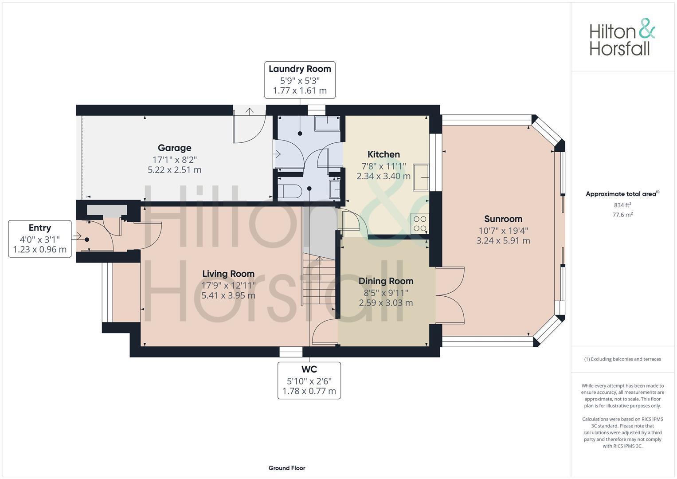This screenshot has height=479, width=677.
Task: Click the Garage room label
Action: (x=174, y=148)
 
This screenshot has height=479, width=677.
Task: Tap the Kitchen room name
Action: (x=384, y=154)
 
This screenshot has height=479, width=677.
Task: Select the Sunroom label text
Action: (x=503, y=219)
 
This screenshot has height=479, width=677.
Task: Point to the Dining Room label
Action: (x=386, y=281)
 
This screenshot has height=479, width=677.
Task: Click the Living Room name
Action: (x=228, y=274)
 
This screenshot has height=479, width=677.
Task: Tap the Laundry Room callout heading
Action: (x=300, y=69)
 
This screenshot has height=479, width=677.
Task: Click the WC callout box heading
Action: (x=309, y=369)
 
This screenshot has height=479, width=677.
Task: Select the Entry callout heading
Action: (x=40, y=228)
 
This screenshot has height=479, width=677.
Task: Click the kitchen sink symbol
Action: (x=421, y=177)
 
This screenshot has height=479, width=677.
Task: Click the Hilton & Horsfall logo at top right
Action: (x=622, y=37)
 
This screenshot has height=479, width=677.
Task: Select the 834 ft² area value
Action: (x=622, y=205)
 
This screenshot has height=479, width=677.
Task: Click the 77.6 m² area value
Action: (x=622, y=215)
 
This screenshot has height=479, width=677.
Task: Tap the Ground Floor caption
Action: (x=286, y=468)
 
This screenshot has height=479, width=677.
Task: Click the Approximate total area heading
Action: (x=622, y=194)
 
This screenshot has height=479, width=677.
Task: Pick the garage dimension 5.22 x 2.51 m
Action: (x=174, y=170)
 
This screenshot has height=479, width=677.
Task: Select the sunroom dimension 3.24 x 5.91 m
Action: (x=503, y=241)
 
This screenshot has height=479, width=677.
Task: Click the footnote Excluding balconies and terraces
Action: (x=622, y=359)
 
